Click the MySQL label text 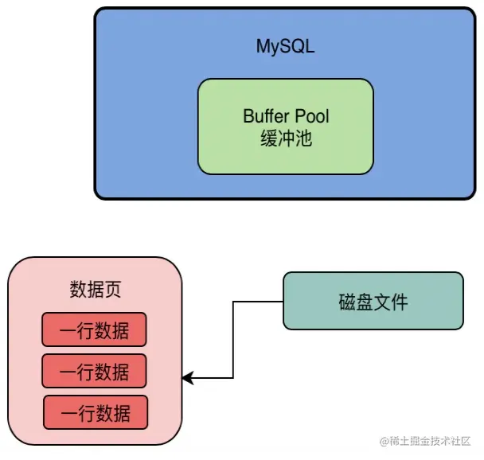click(x=285, y=46)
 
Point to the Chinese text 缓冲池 click(x=285, y=138)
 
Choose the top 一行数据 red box click(x=95, y=329)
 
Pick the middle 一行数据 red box click(x=95, y=371)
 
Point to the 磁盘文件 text click(x=373, y=302)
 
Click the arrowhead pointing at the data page click(x=187, y=377)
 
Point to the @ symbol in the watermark click(x=384, y=442)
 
